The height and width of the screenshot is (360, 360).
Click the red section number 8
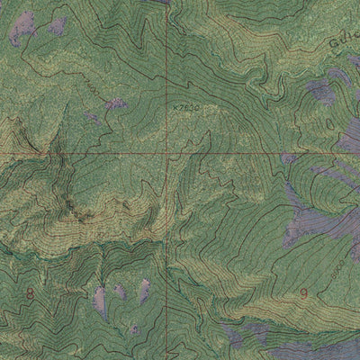pos(30,293)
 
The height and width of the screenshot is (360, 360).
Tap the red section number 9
pos(303,293)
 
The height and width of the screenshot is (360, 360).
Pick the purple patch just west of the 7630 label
pos(114,104)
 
